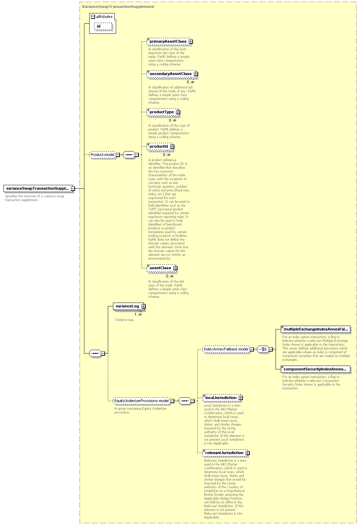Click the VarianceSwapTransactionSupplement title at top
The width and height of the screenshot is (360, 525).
coord(118,7)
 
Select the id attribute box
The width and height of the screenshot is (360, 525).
coord(103,26)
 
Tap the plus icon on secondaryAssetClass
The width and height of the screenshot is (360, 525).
coord(196,74)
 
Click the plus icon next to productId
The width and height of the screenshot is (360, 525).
coord(172,147)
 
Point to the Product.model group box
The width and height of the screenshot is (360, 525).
coord(103,155)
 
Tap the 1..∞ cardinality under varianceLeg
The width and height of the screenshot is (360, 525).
coord(138,315)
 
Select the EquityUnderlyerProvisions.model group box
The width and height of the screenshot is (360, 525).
coord(142,401)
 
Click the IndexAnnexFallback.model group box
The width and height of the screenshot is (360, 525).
coord(226,349)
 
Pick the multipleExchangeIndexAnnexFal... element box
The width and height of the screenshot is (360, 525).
coord(316,329)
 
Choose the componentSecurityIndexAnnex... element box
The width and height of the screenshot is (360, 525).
coord(316,369)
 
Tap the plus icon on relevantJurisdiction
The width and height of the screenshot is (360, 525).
coord(248,453)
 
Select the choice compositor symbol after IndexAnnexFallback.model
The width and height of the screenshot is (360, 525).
coord(263,349)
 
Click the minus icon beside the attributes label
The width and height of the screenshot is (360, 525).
coord(93,17)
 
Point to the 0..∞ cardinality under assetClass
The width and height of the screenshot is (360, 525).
coord(170,276)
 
